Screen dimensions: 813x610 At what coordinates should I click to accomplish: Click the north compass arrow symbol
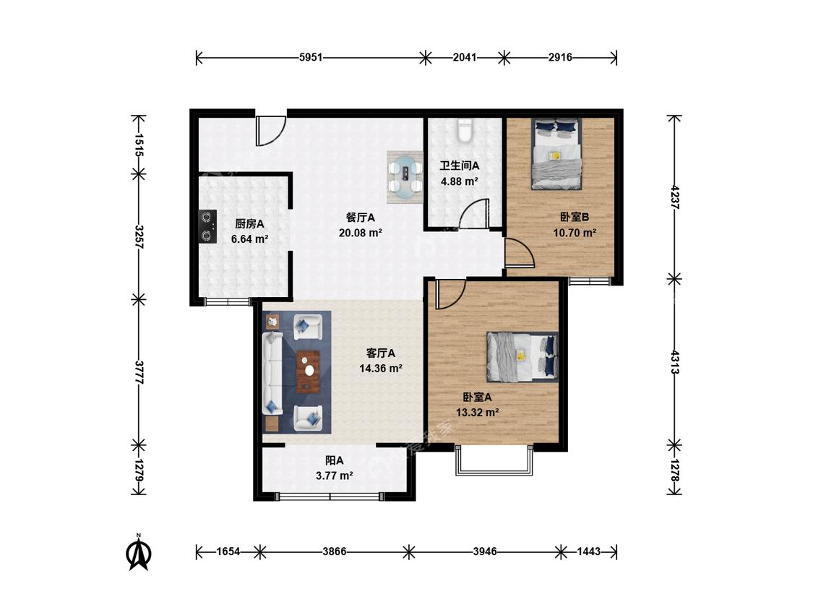(x=139, y=553)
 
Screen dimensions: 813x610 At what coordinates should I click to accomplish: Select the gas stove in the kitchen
(x=208, y=226)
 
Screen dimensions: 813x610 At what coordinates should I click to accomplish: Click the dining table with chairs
(x=405, y=177)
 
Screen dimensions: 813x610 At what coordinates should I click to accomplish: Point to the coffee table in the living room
(x=308, y=371)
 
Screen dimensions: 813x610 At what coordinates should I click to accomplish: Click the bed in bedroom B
(x=556, y=154)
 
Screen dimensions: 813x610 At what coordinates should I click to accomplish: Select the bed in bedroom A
(x=522, y=356)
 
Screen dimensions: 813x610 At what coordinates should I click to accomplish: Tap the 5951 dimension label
(x=311, y=57)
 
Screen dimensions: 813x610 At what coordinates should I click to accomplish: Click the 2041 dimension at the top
(x=465, y=57)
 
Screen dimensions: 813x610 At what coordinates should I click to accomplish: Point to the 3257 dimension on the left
(x=139, y=236)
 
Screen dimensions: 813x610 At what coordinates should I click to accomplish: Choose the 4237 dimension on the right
(x=674, y=197)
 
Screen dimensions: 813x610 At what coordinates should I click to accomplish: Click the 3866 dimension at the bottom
(x=335, y=551)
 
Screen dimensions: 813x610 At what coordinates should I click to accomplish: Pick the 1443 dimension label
(x=588, y=551)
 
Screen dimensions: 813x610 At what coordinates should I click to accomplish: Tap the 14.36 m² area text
(x=381, y=369)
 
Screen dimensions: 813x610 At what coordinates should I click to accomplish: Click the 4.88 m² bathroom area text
(x=460, y=181)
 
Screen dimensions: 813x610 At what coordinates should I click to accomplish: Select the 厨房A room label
(x=249, y=224)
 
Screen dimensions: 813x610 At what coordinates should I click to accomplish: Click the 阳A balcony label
(x=335, y=460)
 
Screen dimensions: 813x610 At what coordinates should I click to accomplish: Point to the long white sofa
(x=272, y=374)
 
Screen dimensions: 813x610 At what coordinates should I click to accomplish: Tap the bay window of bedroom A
(x=494, y=460)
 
